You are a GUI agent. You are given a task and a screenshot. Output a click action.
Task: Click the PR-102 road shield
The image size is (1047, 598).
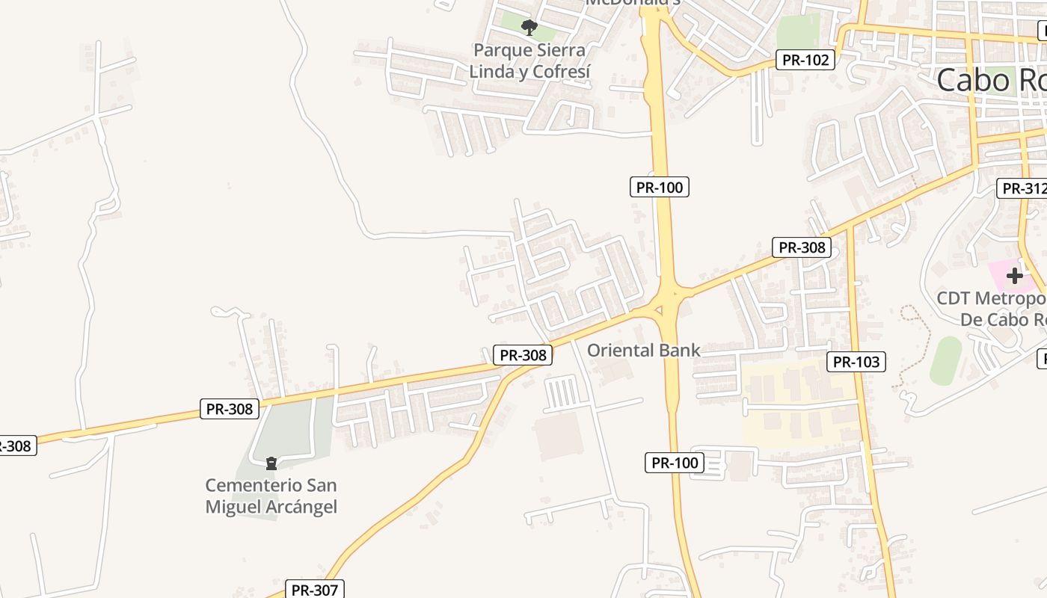(807, 60)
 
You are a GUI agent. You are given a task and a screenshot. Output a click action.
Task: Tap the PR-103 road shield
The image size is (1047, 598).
(856, 363)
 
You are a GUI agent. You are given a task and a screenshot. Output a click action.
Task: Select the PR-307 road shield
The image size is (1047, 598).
(315, 590)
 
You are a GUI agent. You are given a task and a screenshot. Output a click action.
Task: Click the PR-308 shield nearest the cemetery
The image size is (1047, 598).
(230, 409)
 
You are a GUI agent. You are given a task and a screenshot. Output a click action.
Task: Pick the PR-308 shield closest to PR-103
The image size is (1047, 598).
(802, 247)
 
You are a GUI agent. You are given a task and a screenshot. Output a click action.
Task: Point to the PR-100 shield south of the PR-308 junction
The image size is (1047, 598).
(675, 463)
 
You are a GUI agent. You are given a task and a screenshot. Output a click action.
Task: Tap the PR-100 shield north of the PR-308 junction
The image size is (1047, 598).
(659, 187)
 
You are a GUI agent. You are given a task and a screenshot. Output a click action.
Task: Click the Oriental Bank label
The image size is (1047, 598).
(643, 350)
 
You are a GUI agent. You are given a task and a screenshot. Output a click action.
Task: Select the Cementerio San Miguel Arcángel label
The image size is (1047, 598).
(271, 496)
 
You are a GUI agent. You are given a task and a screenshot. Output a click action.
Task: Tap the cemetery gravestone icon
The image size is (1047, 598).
(271, 463)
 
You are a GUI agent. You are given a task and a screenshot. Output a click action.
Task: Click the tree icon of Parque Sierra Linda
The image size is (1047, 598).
(529, 28)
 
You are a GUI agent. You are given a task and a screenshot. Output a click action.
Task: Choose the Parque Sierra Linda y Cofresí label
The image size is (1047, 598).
(529, 61)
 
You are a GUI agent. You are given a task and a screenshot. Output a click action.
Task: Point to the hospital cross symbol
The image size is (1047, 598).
(1015, 276)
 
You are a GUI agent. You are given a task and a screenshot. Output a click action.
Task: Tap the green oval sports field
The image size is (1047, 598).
(946, 361)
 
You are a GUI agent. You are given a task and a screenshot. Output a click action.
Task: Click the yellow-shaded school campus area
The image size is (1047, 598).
(800, 404)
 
